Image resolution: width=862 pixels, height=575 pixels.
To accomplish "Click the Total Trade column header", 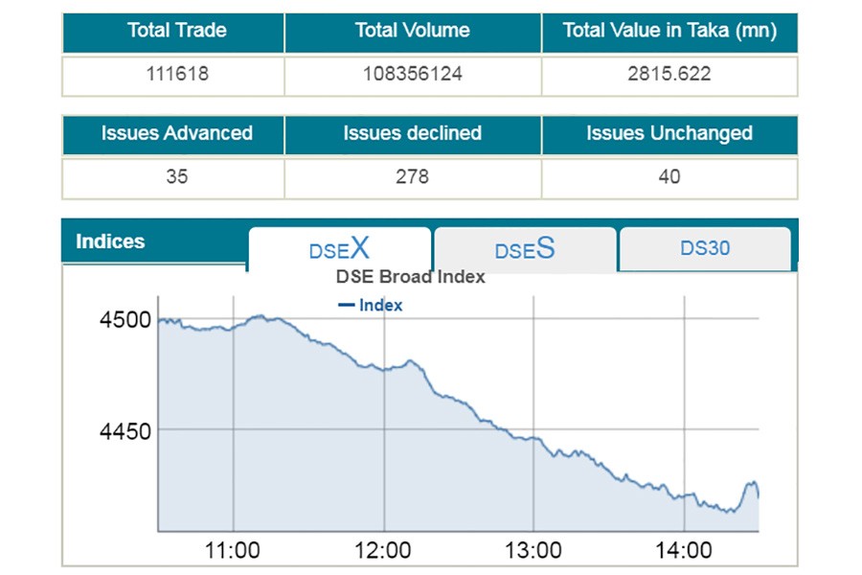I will pyautogui.click(x=176, y=31).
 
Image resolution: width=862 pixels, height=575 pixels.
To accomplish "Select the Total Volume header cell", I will pyautogui.click(x=412, y=31).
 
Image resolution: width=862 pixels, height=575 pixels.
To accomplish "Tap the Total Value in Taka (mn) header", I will pyautogui.click(x=669, y=31).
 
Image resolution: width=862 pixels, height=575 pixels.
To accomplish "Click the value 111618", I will pyautogui.click(x=176, y=74).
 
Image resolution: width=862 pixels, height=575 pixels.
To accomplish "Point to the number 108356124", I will pyautogui.click(x=412, y=74).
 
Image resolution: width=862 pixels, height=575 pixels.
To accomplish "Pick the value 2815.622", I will pyautogui.click(x=669, y=74).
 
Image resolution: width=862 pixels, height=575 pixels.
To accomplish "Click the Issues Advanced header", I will pyautogui.click(x=176, y=134).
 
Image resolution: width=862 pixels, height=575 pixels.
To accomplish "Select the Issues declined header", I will pyautogui.click(x=412, y=134).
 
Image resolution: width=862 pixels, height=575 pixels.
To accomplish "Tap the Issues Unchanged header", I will pyautogui.click(x=669, y=134).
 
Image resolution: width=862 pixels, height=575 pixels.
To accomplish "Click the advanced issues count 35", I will pyautogui.click(x=176, y=177).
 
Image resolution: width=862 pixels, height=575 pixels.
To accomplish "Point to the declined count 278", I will pyautogui.click(x=412, y=177).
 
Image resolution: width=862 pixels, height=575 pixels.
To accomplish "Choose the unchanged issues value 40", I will pyautogui.click(x=669, y=177).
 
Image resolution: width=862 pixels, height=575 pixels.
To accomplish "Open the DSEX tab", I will pyautogui.click(x=339, y=250).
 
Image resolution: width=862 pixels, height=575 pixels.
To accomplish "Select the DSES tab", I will pyautogui.click(x=524, y=250).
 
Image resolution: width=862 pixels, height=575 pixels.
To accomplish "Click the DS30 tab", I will pyautogui.click(x=705, y=248).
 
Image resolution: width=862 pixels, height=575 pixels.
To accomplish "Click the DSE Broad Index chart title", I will pyautogui.click(x=410, y=277).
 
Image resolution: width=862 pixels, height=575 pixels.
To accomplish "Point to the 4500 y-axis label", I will pyautogui.click(x=125, y=319).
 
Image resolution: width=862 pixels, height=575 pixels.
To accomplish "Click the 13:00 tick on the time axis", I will pyautogui.click(x=533, y=551).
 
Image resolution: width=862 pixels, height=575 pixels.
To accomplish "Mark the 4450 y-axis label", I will pyautogui.click(x=125, y=431).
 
